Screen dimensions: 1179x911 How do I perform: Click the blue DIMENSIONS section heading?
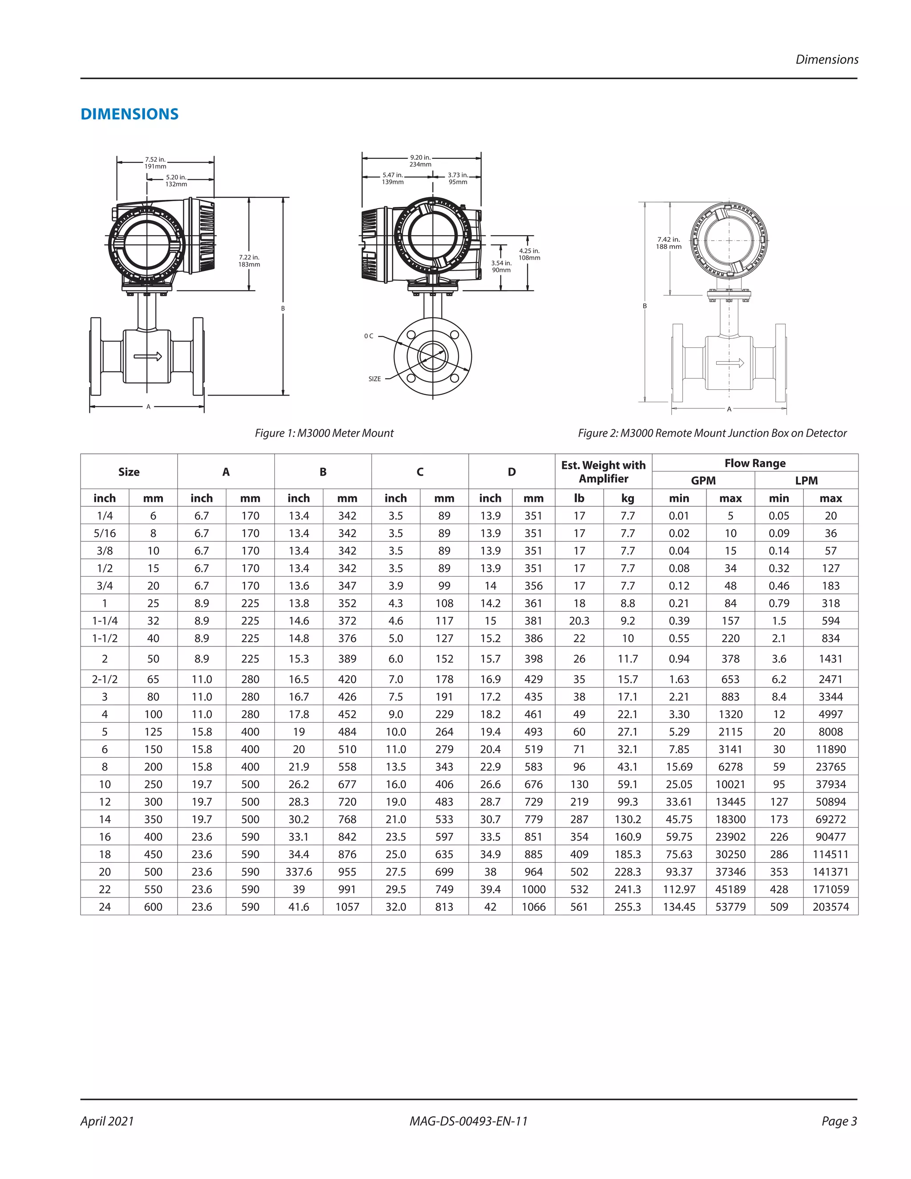pyautogui.click(x=129, y=114)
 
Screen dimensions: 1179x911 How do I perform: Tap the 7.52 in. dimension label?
pyautogui.click(x=155, y=162)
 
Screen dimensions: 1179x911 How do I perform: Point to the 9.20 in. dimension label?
pyautogui.click(x=420, y=160)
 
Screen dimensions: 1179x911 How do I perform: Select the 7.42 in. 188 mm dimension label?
pyautogui.click(x=669, y=243)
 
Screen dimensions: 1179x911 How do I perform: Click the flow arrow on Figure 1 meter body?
pyautogui.click(x=148, y=356)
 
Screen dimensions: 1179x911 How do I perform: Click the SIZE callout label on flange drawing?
pyautogui.click(x=375, y=379)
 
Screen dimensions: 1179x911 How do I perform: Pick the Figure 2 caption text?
pyautogui.click(x=712, y=433)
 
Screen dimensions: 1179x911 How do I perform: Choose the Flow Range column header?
pyautogui.click(x=754, y=463)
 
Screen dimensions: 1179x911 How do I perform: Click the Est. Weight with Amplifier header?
pyautogui.click(x=603, y=472)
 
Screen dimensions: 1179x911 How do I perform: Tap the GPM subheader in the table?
pyautogui.click(x=703, y=480)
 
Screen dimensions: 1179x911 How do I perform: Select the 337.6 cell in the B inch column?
pyautogui.click(x=298, y=872)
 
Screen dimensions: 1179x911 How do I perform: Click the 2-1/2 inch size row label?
pyautogui.click(x=105, y=679)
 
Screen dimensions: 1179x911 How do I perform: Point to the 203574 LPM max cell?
pyautogui.click(x=830, y=907)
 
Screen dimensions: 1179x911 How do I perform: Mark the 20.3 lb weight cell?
pyautogui.click(x=579, y=621)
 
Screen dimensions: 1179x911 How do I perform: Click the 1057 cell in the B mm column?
pyautogui.click(x=347, y=907)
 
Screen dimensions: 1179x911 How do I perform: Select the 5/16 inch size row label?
pyautogui.click(x=105, y=533)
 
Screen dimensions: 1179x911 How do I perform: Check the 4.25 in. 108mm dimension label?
pyautogui.click(x=529, y=254)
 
